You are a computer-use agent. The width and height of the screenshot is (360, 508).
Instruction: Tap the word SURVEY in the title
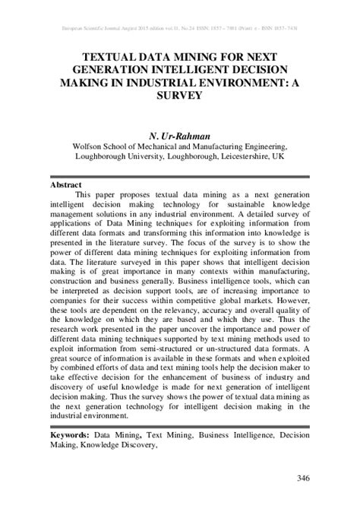point(180,95)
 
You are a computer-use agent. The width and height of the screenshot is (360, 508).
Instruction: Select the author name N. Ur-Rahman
point(180,134)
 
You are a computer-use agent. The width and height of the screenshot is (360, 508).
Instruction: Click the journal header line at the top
point(180,28)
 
